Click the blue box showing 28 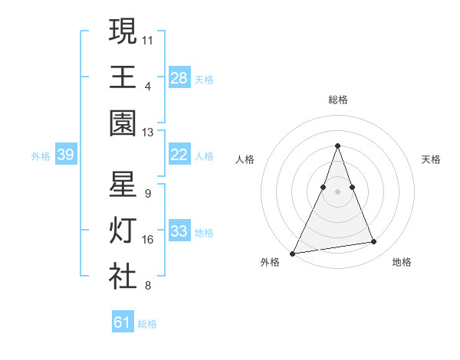click(179, 77)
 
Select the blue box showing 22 click(179, 155)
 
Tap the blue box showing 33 click(179, 231)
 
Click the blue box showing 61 click(123, 322)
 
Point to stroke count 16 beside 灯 click(148, 240)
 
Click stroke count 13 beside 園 click(148, 132)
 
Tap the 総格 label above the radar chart click(338, 100)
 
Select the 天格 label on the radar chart click(432, 159)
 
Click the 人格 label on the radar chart click(245, 159)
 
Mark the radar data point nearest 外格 click(293, 253)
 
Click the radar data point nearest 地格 click(374, 242)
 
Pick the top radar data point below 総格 click(338, 146)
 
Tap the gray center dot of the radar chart click(338, 191)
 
